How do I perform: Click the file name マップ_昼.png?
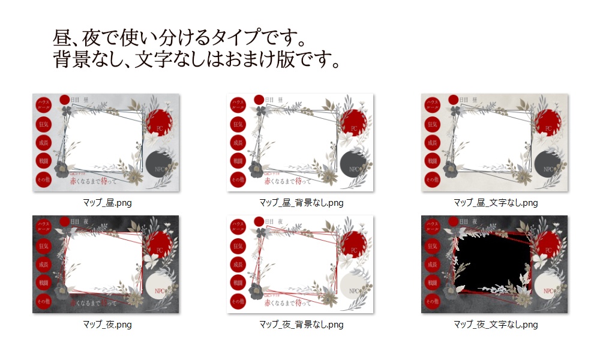pos(107,203)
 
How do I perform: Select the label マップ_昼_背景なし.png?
pos(301,203)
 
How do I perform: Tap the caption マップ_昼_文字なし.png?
pos(495,203)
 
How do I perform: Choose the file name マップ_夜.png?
pos(107,325)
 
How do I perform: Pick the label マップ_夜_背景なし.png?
pos(301,325)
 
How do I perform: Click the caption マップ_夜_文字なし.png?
pos(495,325)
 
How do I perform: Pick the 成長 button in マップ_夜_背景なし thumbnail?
pos(238,264)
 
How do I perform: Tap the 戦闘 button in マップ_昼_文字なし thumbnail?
pos(432,161)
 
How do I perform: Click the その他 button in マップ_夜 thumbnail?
pos(44,301)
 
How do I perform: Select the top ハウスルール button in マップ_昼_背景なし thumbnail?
pos(238,104)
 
